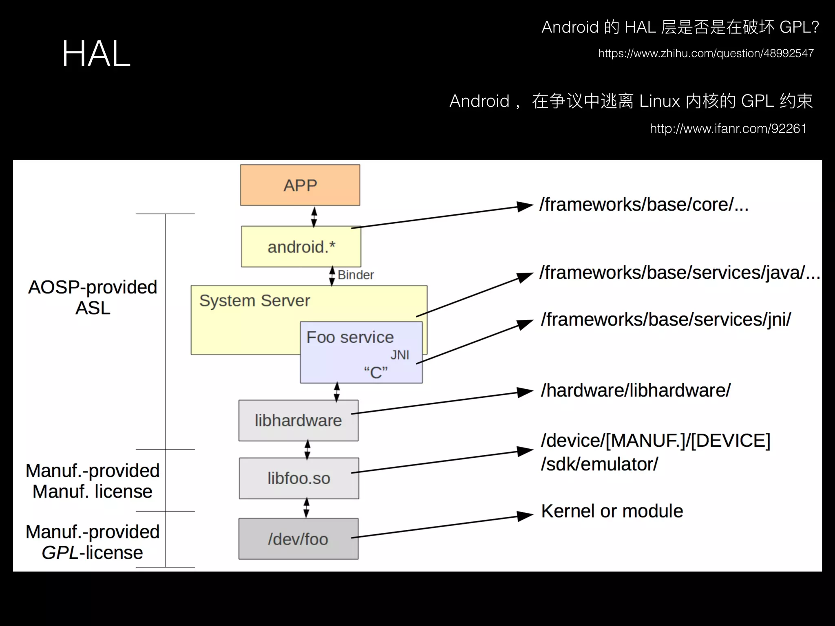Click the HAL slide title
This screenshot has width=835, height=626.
(96, 54)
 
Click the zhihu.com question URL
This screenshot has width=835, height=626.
(706, 53)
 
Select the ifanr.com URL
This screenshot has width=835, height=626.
(728, 129)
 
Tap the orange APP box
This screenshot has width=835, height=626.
(300, 185)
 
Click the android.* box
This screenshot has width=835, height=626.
(301, 247)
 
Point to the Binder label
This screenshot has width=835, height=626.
(356, 275)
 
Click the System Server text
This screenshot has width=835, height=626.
(254, 301)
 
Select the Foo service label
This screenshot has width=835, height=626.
(350, 337)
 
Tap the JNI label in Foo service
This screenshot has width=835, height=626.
(400, 355)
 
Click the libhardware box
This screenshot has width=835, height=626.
(298, 421)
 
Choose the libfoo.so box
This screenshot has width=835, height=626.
(299, 478)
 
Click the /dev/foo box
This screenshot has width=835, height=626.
(298, 539)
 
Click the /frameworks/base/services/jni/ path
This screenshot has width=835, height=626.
(666, 320)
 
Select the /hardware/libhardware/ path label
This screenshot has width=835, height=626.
(636, 390)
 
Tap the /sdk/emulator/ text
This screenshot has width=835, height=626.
(599, 464)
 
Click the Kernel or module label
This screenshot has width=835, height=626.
(612, 511)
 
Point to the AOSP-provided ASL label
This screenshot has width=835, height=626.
(93, 298)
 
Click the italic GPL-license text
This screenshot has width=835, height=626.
(92, 553)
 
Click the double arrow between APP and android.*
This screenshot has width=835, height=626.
(314, 217)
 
